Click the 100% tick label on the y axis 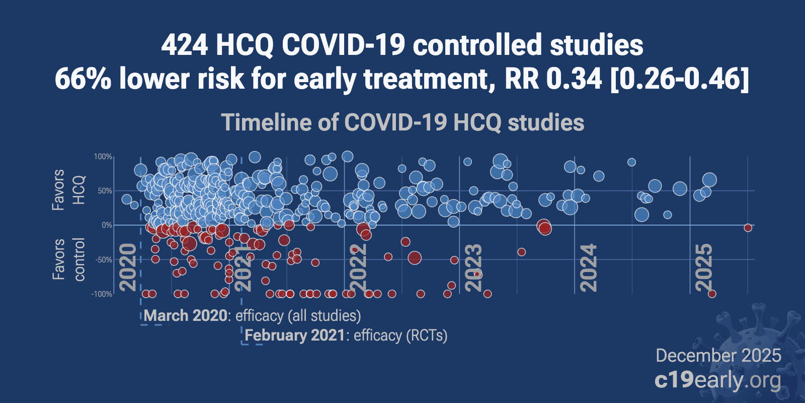tap(103, 157)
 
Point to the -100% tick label tap(102, 294)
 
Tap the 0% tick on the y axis tap(107, 225)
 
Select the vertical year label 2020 tap(129, 267)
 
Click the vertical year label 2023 tap(474, 267)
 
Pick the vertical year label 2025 tap(704, 267)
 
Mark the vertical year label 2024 tap(589, 267)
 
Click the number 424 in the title tap(184, 45)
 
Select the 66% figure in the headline tap(83, 79)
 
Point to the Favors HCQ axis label tap(68, 190)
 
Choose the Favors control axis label tap(68, 259)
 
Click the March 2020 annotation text tap(186, 316)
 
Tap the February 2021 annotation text tap(295, 335)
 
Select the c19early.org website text tap(717, 380)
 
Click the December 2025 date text tap(718, 356)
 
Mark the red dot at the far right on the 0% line tap(748, 228)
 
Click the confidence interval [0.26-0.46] tap(679, 79)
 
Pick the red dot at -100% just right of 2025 tap(712, 294)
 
